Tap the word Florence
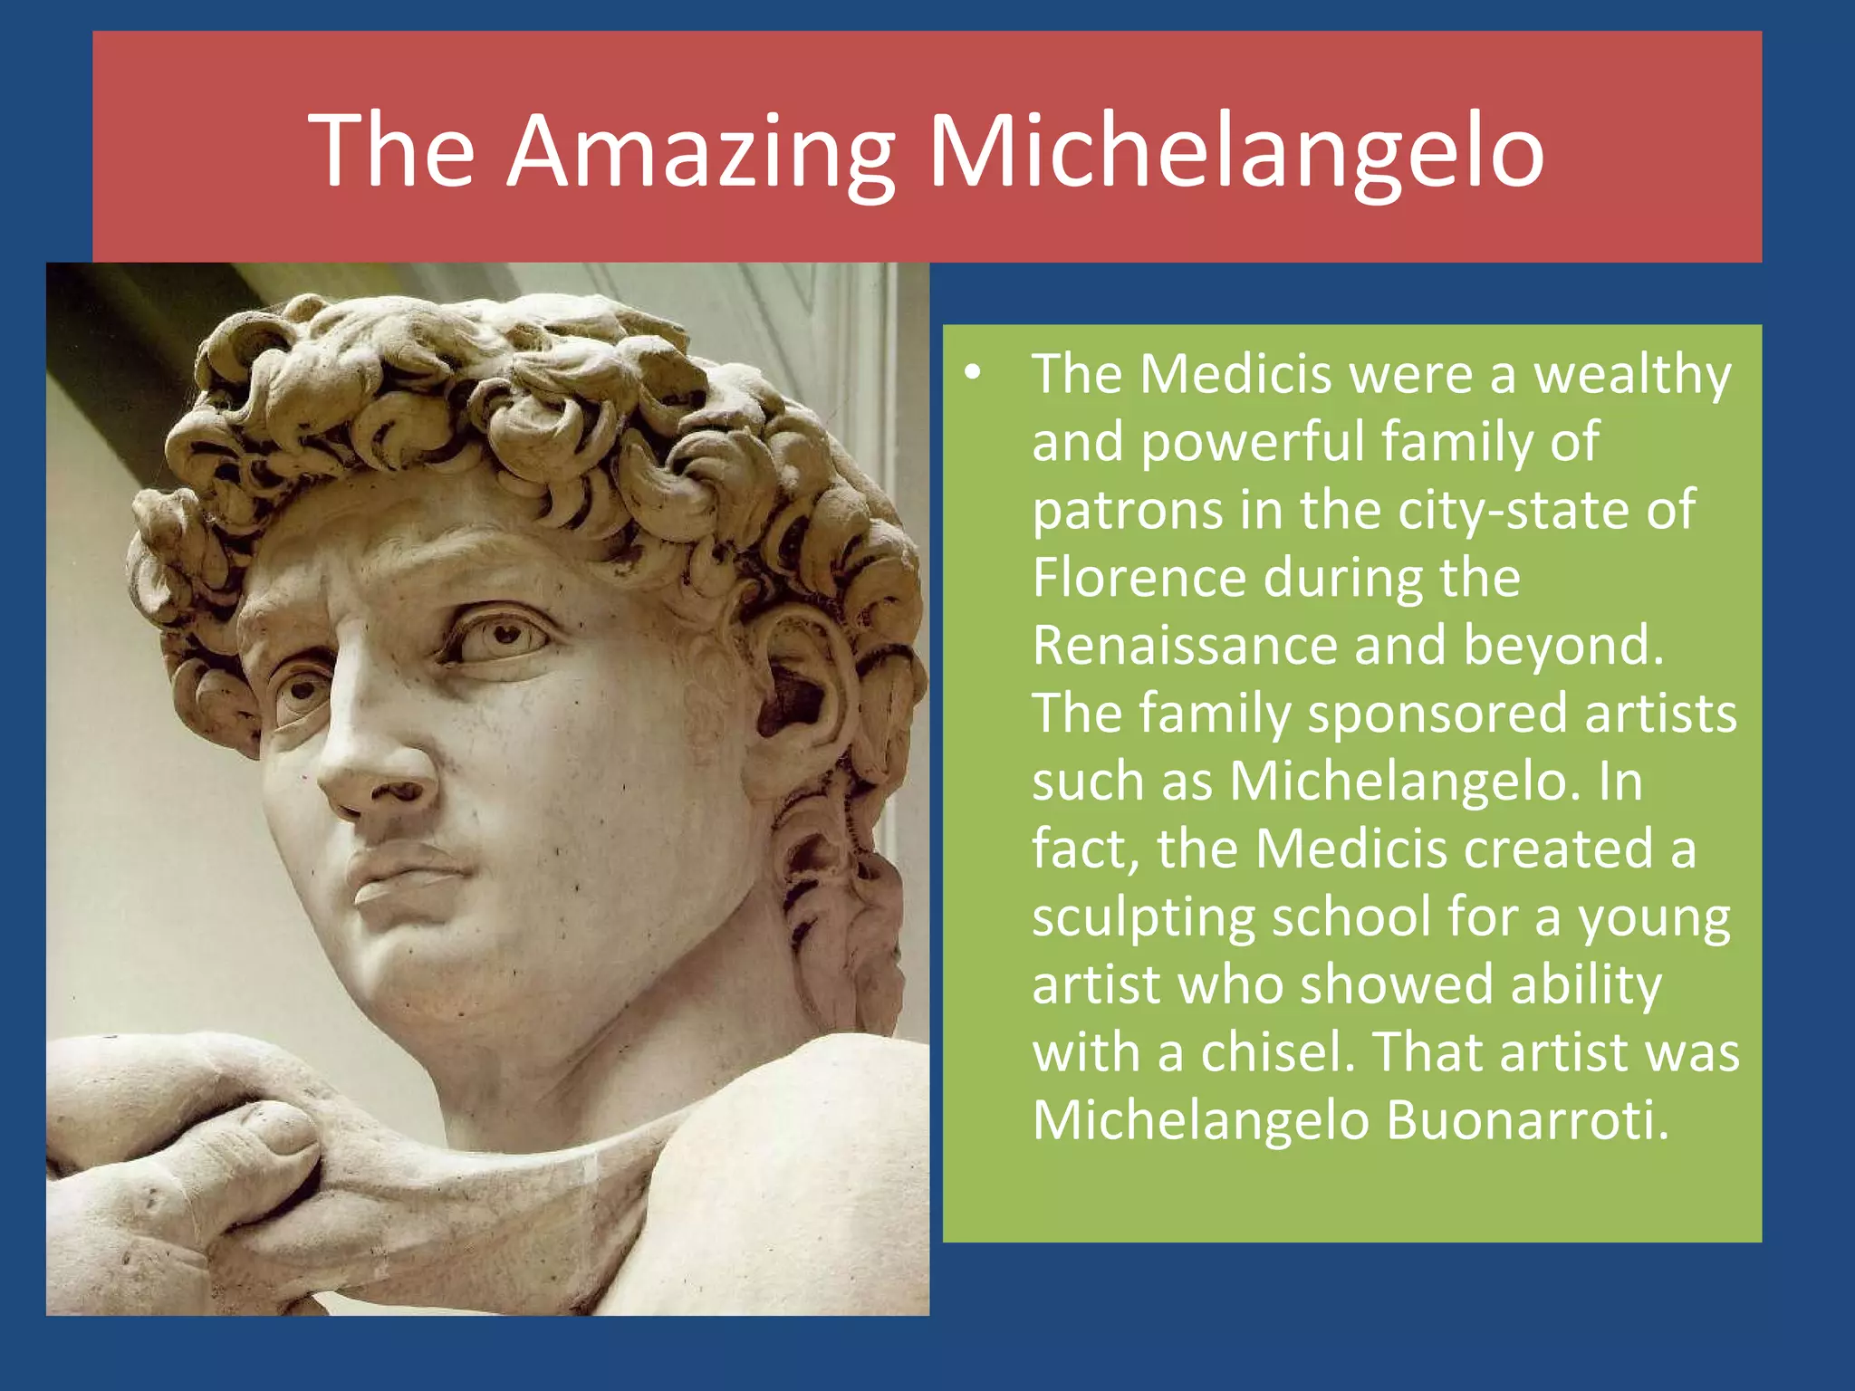1139,577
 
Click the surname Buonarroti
1527,1120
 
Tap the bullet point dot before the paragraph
972,373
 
